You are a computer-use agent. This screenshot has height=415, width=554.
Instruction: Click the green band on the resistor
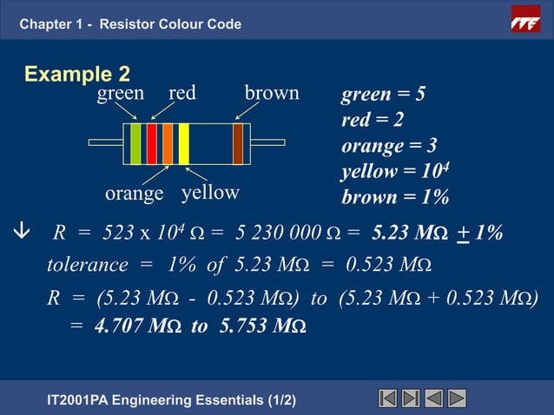pyautogui.click(x=135, y=144)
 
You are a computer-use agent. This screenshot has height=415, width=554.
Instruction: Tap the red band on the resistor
pyautogui.click(x=152, y=144)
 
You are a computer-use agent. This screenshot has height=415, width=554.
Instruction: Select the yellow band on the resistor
pyautogui.click(x=183, y=144)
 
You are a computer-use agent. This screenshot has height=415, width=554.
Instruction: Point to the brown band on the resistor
pyautogui.click(x=238, y=144)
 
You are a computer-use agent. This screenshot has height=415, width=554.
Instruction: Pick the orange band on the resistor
pyautogui.click(x=168, y=144)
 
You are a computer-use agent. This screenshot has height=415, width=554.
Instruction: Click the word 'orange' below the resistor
pyautogui.click(x=134, y=194)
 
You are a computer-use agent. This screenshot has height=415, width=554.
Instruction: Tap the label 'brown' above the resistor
pyautogui.click(x=272, y=93)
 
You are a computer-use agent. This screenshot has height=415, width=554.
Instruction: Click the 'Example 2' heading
pyautogui.click(x=77, y=75)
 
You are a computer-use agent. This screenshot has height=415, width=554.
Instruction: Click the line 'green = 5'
pyautogui.click(x=383, y=95)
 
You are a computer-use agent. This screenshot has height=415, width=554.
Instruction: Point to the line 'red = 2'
pyautogui.click(x=372, y=120)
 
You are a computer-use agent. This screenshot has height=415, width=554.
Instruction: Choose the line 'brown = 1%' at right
pyautogui.click(x=395, y=197)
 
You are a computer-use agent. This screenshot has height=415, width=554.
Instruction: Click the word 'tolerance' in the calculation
pyautogui.click(x=86, y=264)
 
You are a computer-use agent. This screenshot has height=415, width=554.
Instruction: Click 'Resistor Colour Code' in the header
pyautogui.click(x=170, y=23)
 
